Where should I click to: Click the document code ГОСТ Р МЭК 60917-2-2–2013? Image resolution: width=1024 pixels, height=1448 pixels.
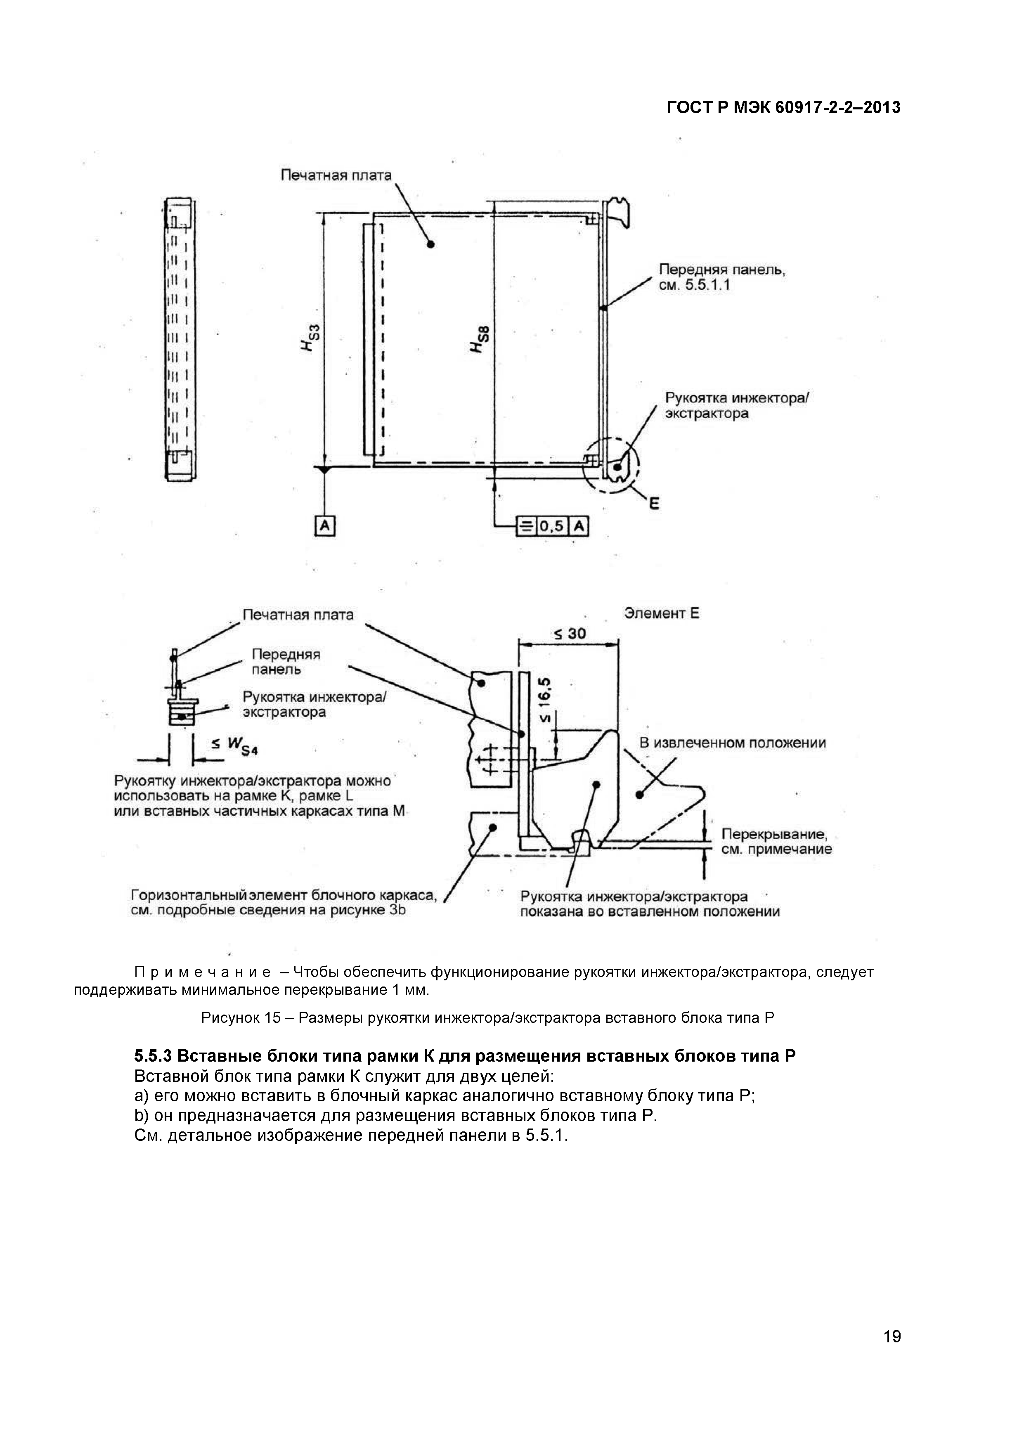tap(783, 108)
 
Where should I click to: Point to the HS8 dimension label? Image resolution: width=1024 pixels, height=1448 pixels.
tap(479, 338)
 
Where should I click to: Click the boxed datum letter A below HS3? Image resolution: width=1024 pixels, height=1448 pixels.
tap(324, 526)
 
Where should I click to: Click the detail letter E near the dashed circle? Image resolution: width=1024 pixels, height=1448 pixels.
tap(654, 503)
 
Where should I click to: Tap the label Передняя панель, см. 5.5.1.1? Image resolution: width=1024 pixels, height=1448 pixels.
tap(722, 277)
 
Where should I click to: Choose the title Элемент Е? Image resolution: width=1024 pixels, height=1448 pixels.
tap(662, 613)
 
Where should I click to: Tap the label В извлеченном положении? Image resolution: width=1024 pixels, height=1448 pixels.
tap(733, 743)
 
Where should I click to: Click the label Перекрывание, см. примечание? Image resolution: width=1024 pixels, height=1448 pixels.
tap(776, 842)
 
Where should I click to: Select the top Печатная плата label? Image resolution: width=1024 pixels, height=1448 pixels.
tap(336, 175)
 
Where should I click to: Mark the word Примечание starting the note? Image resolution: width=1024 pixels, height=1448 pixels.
tap(203, 972)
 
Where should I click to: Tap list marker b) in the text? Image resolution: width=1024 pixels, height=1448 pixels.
tap(141, 1116)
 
